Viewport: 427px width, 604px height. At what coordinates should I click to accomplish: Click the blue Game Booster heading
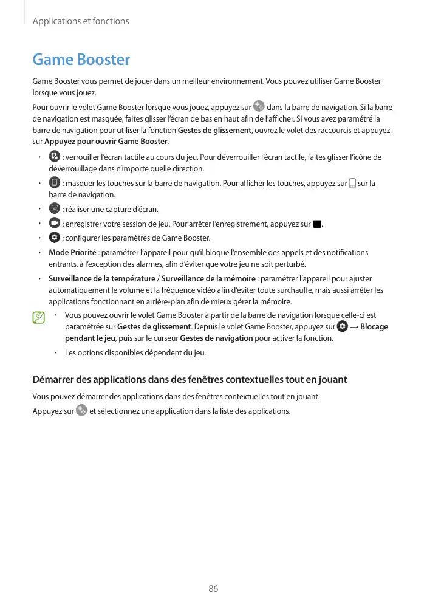tap(81, 60)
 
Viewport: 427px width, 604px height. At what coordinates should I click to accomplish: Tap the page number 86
tap(213, 589)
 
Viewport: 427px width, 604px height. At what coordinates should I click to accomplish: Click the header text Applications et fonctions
tap(81, 21)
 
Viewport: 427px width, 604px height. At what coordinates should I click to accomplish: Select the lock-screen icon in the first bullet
tap(54, 157)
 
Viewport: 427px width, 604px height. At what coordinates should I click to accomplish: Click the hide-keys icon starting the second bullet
tap(54, 183)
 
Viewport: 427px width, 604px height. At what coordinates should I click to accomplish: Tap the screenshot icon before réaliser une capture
tap(54, 208)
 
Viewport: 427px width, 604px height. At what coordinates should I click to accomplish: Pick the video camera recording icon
tap(54, 223)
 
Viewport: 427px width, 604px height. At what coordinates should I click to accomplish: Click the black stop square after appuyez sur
tap(316, 224)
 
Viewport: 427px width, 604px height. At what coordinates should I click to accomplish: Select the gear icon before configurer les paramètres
tap(54, 237)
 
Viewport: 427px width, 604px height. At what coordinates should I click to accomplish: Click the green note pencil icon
tap(39, 317)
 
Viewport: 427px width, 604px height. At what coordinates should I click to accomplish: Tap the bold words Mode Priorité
tap(72, 252)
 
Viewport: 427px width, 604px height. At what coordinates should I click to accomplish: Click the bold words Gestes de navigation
tap(217, 338)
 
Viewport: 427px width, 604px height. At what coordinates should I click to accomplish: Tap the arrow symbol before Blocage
tap(354, 327)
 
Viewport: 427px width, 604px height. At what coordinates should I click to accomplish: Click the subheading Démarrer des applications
tap(190, 380)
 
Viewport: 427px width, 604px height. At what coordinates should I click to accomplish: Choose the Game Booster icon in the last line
tap(81, 411)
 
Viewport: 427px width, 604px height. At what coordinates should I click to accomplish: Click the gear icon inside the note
tap(343, 327)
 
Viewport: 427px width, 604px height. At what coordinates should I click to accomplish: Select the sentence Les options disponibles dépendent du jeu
tap(135, 353)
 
